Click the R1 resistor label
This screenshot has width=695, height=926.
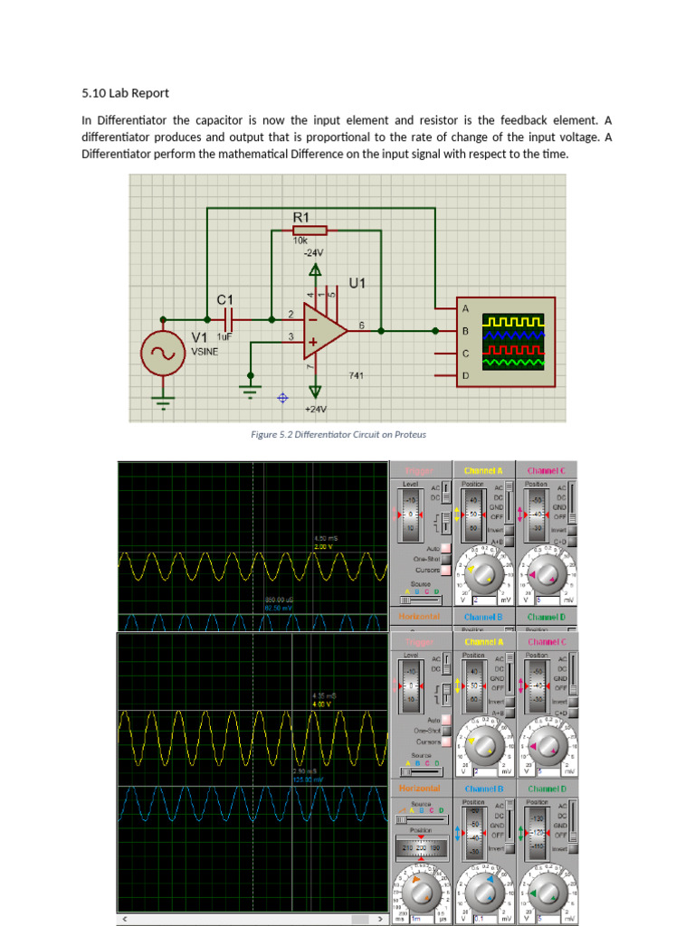click(x=301, y=217)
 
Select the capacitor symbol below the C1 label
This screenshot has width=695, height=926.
click(x=226, y=318)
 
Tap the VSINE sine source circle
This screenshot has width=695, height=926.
click(x=163, y=354)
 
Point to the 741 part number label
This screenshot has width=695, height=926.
click(x=357, y=374)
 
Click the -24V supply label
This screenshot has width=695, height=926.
click(x=314, y=253)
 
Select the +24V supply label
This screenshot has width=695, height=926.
click(x=315, y=410)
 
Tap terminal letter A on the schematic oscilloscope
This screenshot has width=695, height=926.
click(x=465, y=309)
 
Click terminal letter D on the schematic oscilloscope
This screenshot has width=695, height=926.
click(x=465, y=375)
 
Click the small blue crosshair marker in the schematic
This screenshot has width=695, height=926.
click(x=282, y=397)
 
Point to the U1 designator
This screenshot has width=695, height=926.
click(x=357, y=283)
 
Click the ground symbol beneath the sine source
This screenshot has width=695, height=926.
click(x=163, y=403)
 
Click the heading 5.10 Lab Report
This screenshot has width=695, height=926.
click(x=125, y=92)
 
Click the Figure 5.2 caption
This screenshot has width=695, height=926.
click(x=338, y=434)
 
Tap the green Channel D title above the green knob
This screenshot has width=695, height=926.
click(x=546, y=789)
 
